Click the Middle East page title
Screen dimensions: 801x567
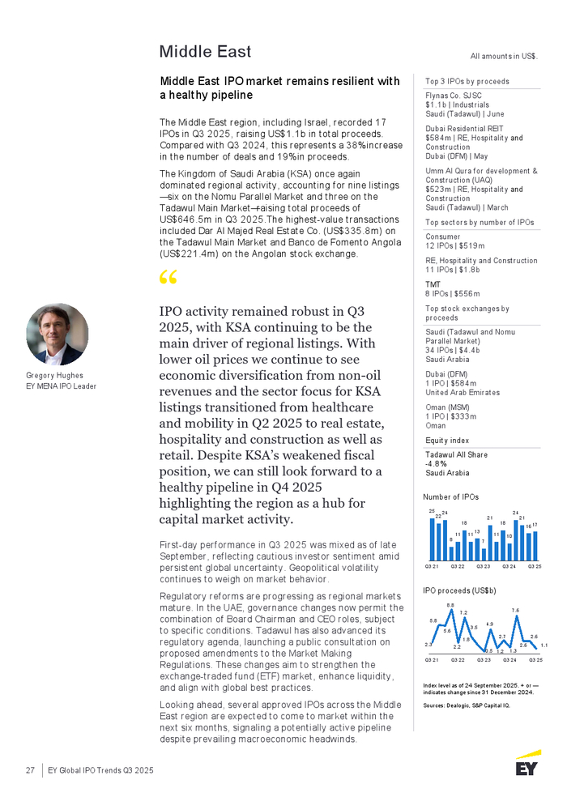205,52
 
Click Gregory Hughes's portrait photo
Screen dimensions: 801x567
57,334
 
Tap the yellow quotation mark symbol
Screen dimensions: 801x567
168,279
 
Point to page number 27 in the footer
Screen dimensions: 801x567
29,770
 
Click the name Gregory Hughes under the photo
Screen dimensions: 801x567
50,376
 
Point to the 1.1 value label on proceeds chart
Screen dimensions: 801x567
544,645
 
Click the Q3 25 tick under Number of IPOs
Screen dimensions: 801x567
535,565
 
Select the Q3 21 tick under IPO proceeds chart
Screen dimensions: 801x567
432,660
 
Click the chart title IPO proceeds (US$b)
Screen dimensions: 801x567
459,590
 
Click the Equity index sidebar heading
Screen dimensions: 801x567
447,441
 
